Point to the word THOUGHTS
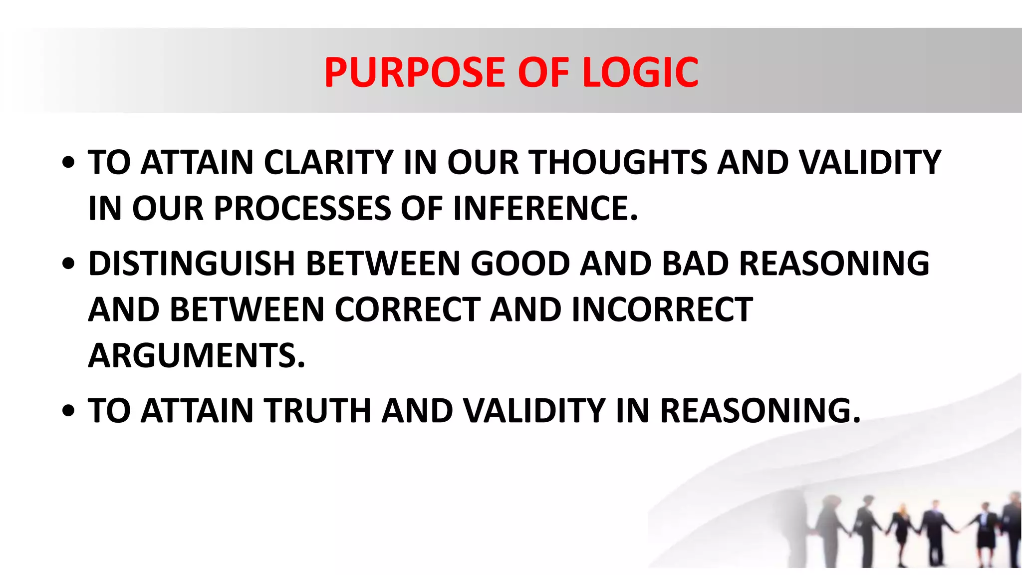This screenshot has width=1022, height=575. point(617,163)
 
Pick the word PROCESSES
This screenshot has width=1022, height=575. point(302,208)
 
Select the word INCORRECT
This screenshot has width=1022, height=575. point(662,309)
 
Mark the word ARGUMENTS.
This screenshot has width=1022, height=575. point(196,355)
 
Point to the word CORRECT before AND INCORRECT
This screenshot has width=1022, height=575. point(407,309)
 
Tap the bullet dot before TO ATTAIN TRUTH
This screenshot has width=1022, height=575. point(69,411)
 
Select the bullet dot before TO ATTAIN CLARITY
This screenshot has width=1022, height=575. point(69,163)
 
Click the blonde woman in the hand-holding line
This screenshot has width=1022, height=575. point(902,534)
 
